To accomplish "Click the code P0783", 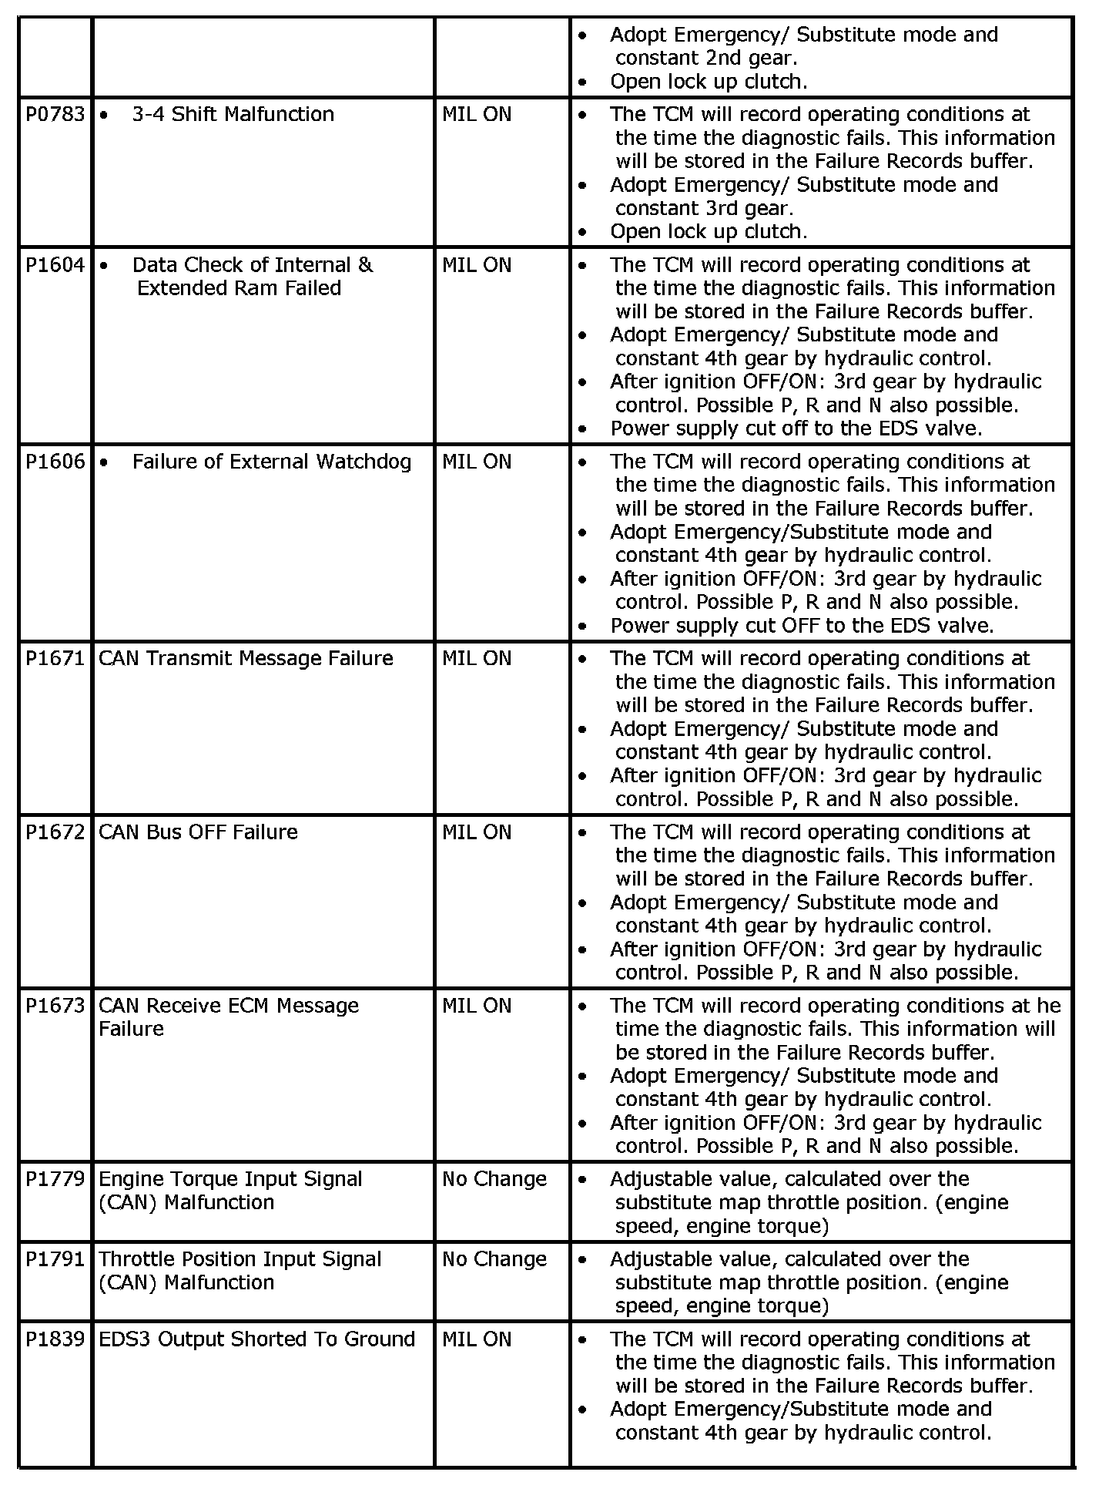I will (x=55, y=115).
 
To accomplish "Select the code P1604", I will (x=55, y=265).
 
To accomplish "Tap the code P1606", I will (x=55, y=462).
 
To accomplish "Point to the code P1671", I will (x=55, y=659).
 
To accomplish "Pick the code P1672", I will (x=55, y=832).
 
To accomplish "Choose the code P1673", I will (x=55, y=1006).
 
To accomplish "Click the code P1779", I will (x=55, y=1179).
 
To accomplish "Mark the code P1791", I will (x=55, y=1259).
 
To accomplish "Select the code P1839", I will (x=55, y=1339).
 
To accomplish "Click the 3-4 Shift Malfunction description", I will (x=233, y=115).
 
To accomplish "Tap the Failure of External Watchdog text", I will (x=271, y=462).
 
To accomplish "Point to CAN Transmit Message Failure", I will (x=246, y=659).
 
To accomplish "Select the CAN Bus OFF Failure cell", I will (x=198, y=832).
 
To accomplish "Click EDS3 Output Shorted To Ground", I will (x=256, y=1339).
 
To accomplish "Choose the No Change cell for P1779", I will (x=494, y=1179).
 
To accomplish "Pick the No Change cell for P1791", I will (x=494, y=1259).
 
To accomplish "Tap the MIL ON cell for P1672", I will (x=477, y=832).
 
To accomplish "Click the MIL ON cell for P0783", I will (x=477, y=115).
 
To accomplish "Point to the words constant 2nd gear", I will (x=705, y=59).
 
